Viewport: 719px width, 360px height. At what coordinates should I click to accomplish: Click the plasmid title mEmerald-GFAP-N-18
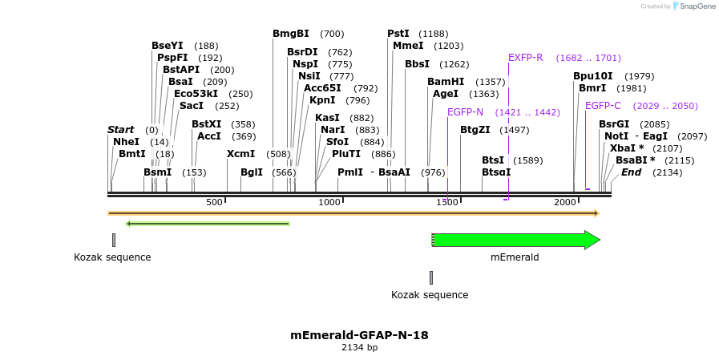[359, 335]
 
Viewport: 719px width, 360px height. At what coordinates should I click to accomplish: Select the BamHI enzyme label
[445, 82]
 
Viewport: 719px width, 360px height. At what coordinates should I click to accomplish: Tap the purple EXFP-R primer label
[525, 58]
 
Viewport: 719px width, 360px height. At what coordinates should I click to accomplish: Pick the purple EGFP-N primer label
[465, 111]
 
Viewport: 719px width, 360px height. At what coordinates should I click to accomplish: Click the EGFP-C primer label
[603, 106]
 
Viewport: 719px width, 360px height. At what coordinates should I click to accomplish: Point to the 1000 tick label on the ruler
[329, 202]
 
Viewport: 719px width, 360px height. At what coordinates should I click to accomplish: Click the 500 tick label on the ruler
[214, 202]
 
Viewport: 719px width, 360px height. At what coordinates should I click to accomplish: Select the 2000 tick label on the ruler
[564, 202]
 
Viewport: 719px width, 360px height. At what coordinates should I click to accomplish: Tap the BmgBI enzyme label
[290, 34]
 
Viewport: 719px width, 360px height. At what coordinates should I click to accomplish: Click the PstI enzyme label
[398, 34]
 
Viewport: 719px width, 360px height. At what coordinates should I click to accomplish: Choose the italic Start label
[120, 130]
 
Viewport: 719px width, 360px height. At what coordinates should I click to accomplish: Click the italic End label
[631, 172]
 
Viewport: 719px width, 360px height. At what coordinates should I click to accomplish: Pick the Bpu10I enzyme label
[592, 76]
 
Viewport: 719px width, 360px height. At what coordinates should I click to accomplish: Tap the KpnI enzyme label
[322, 100]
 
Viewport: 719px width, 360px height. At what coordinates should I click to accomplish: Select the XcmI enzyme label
[240, 154]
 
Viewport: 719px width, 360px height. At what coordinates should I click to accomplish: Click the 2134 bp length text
[359, 348]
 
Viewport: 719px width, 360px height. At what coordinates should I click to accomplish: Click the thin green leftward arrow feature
[208, 224]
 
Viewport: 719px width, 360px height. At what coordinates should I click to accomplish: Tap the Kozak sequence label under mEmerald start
[430, 295]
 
